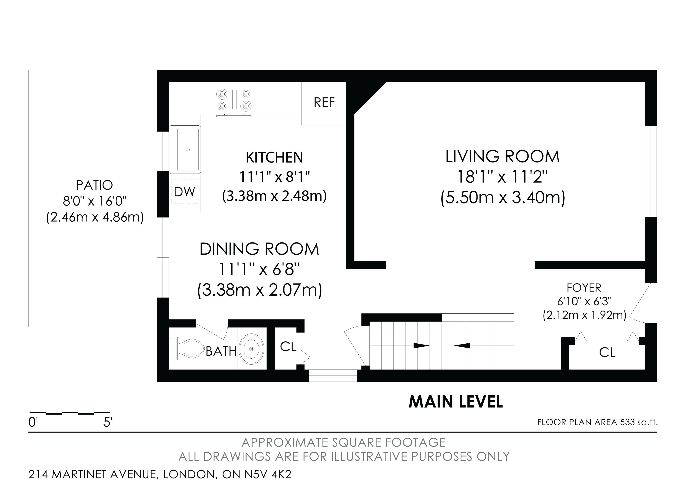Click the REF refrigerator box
(324, 103)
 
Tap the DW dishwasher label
(185, 192)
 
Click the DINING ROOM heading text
(259, 249)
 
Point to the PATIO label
(94, 185)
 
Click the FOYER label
(584, 288)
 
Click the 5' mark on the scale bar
(108, 422)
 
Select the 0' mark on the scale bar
(33, 422)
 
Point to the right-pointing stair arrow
(421, 346)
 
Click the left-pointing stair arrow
(462, 346)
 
